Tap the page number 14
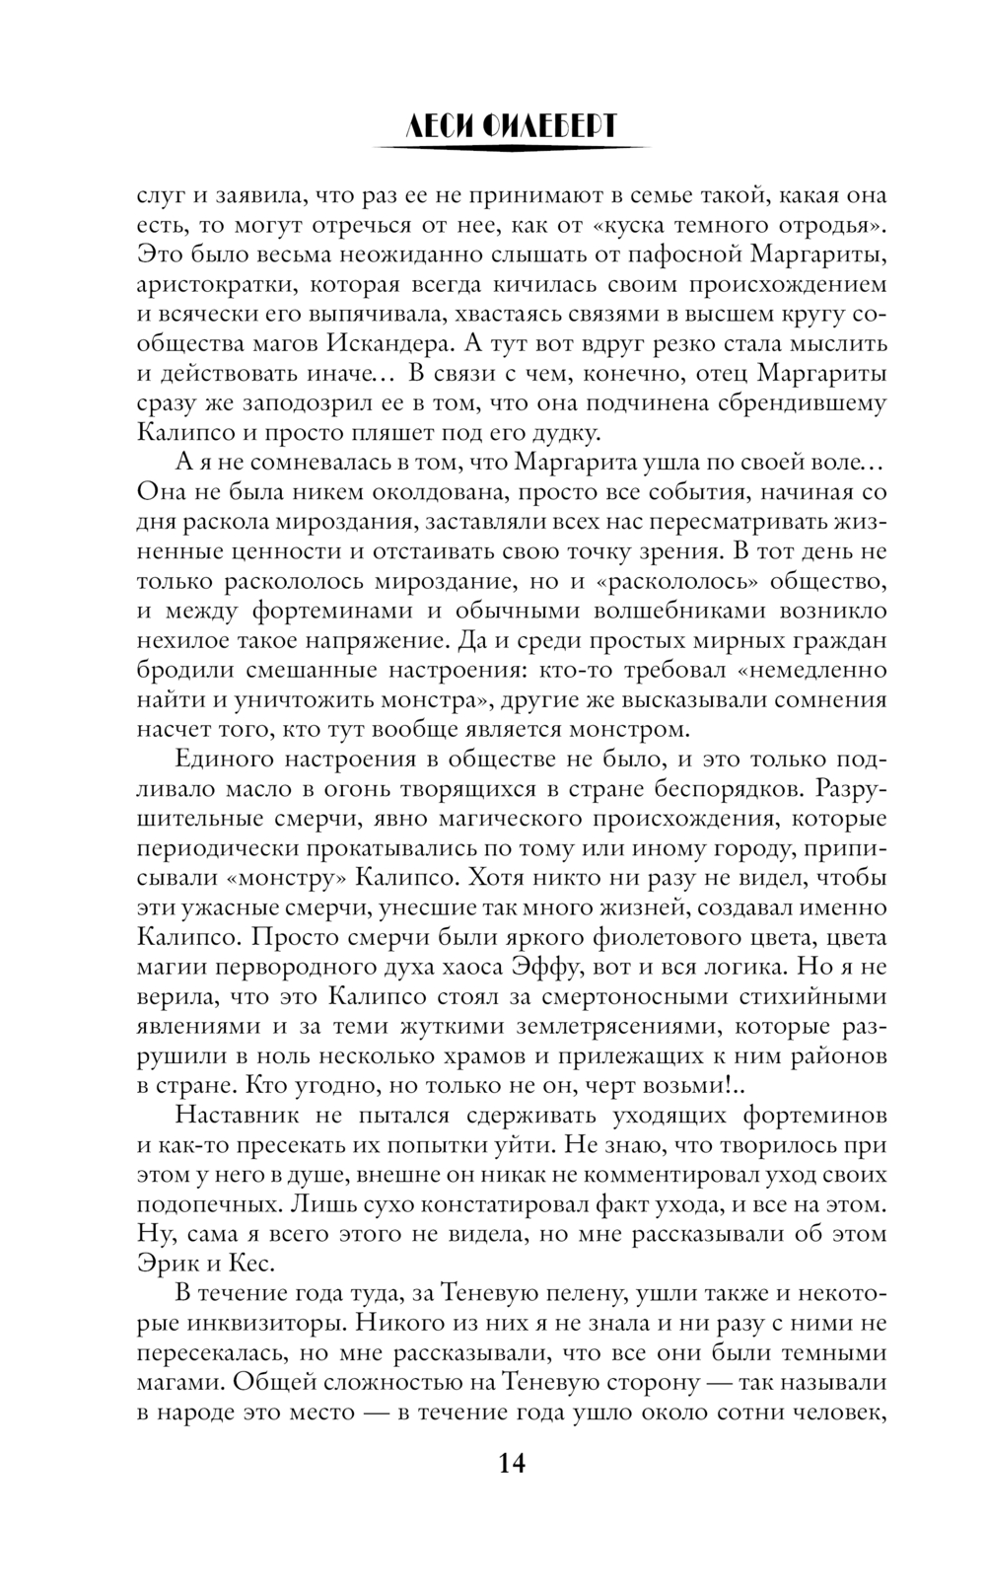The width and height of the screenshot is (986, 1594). [x=512, y=1463]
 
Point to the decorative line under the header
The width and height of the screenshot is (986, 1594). [x=513, y=148]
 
